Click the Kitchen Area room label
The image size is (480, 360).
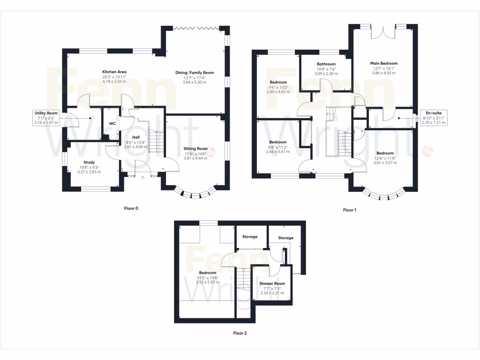[x=114, y=72]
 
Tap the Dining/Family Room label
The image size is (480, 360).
[x=194, y=73]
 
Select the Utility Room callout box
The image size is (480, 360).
[x=45, y=118]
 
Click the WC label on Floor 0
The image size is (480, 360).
[x=112, y=123]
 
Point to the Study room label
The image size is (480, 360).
[x=89, y=162]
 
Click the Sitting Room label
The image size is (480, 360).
[x=195, y=149]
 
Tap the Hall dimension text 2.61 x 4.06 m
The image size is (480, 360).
[x=136, y=147]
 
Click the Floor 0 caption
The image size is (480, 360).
[x=130, y=208]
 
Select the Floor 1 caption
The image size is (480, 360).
[x=349, y=210]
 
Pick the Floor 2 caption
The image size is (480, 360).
[x=240, y=333]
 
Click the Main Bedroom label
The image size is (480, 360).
[x=383, y=63]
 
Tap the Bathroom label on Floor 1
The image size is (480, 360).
[x=326, y=64]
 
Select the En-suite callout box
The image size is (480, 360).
[x=434, y=118]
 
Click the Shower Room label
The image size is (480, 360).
[x=272, y=284]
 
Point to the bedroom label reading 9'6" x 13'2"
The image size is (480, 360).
[x=278, y=82]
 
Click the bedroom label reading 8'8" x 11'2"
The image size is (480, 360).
[x=277, y=142]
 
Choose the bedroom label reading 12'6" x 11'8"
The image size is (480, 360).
[x=385, y=153]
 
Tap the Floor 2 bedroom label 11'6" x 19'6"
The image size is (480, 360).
[x=207, y=273]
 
